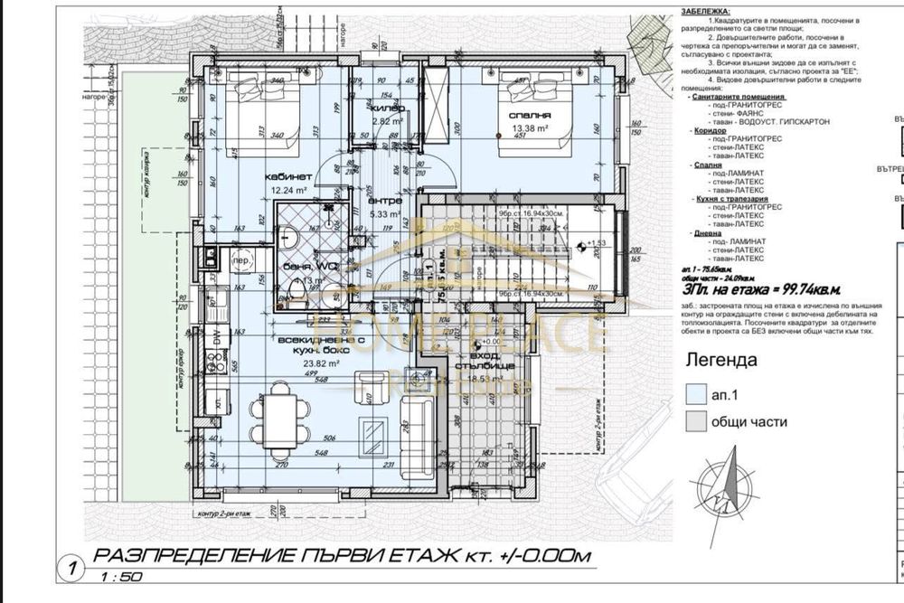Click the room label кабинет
(x=287, y=177)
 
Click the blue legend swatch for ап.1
(x=696, y=394)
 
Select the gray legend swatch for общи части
(x=696, y=421)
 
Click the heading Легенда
(x=721, y=360)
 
